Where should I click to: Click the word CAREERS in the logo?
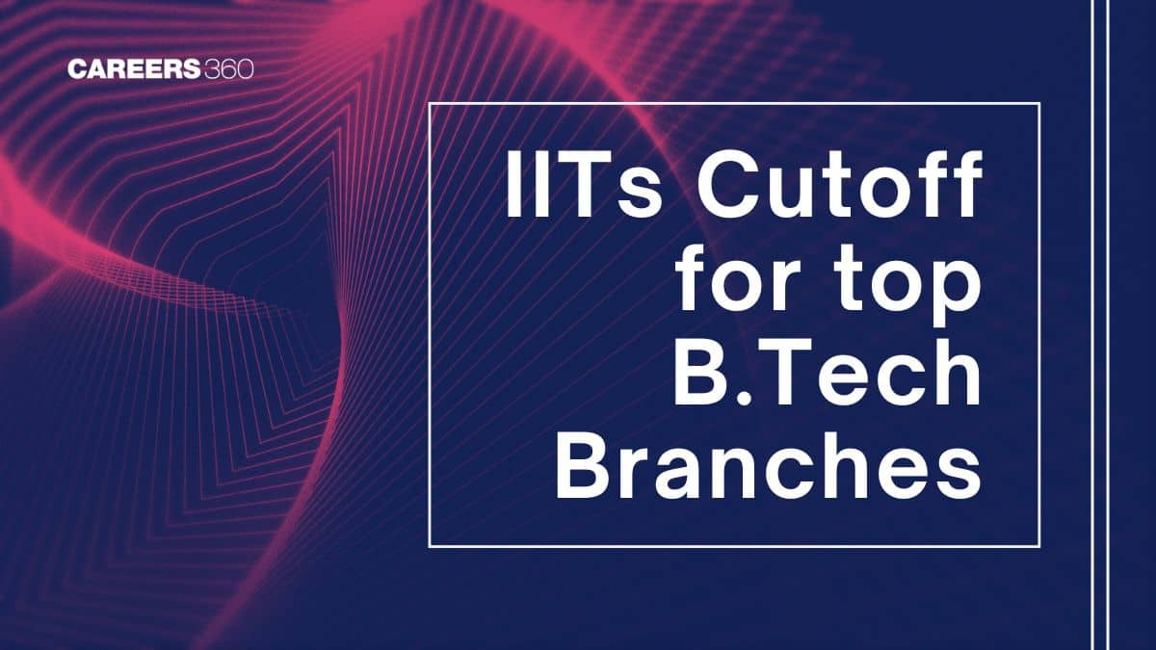pos(134,69)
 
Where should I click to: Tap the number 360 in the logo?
pos(228,69)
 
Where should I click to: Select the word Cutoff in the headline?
pos(839,183)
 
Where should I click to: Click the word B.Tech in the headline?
pos(827,372)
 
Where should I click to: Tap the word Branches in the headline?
pos(768,464)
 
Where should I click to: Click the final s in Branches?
pos(959,475)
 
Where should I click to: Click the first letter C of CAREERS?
pos(77,69)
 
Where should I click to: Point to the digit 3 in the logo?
pos(212,69)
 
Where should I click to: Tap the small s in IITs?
pos(640,192)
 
